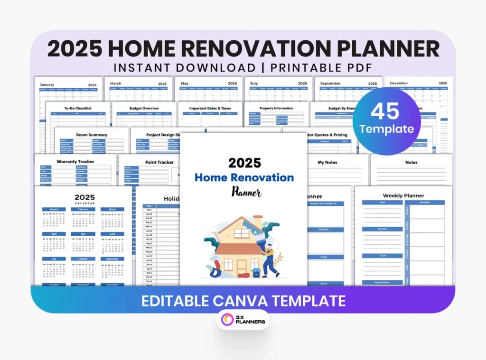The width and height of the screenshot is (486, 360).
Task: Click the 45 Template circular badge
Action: point(386,121)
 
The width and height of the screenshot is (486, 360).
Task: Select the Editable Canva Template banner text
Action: point(243,300)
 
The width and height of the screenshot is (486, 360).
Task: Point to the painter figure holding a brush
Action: point(269,258)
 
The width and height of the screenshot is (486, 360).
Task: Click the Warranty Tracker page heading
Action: point(75,162)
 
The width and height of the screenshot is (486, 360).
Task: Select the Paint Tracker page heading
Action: point(159,162)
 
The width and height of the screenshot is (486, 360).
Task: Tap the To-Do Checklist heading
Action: point(78,108)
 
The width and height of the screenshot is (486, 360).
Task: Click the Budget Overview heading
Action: point(144,108)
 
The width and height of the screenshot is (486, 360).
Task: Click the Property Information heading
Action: point(276,108)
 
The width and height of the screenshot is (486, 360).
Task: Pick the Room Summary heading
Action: point(92,135)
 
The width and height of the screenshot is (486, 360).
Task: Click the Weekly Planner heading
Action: point(403,195)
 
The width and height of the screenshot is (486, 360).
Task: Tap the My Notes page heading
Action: point(327,162)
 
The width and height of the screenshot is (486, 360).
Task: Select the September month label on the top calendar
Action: point(330,83)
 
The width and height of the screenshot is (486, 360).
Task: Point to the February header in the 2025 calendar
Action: point(83,209)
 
